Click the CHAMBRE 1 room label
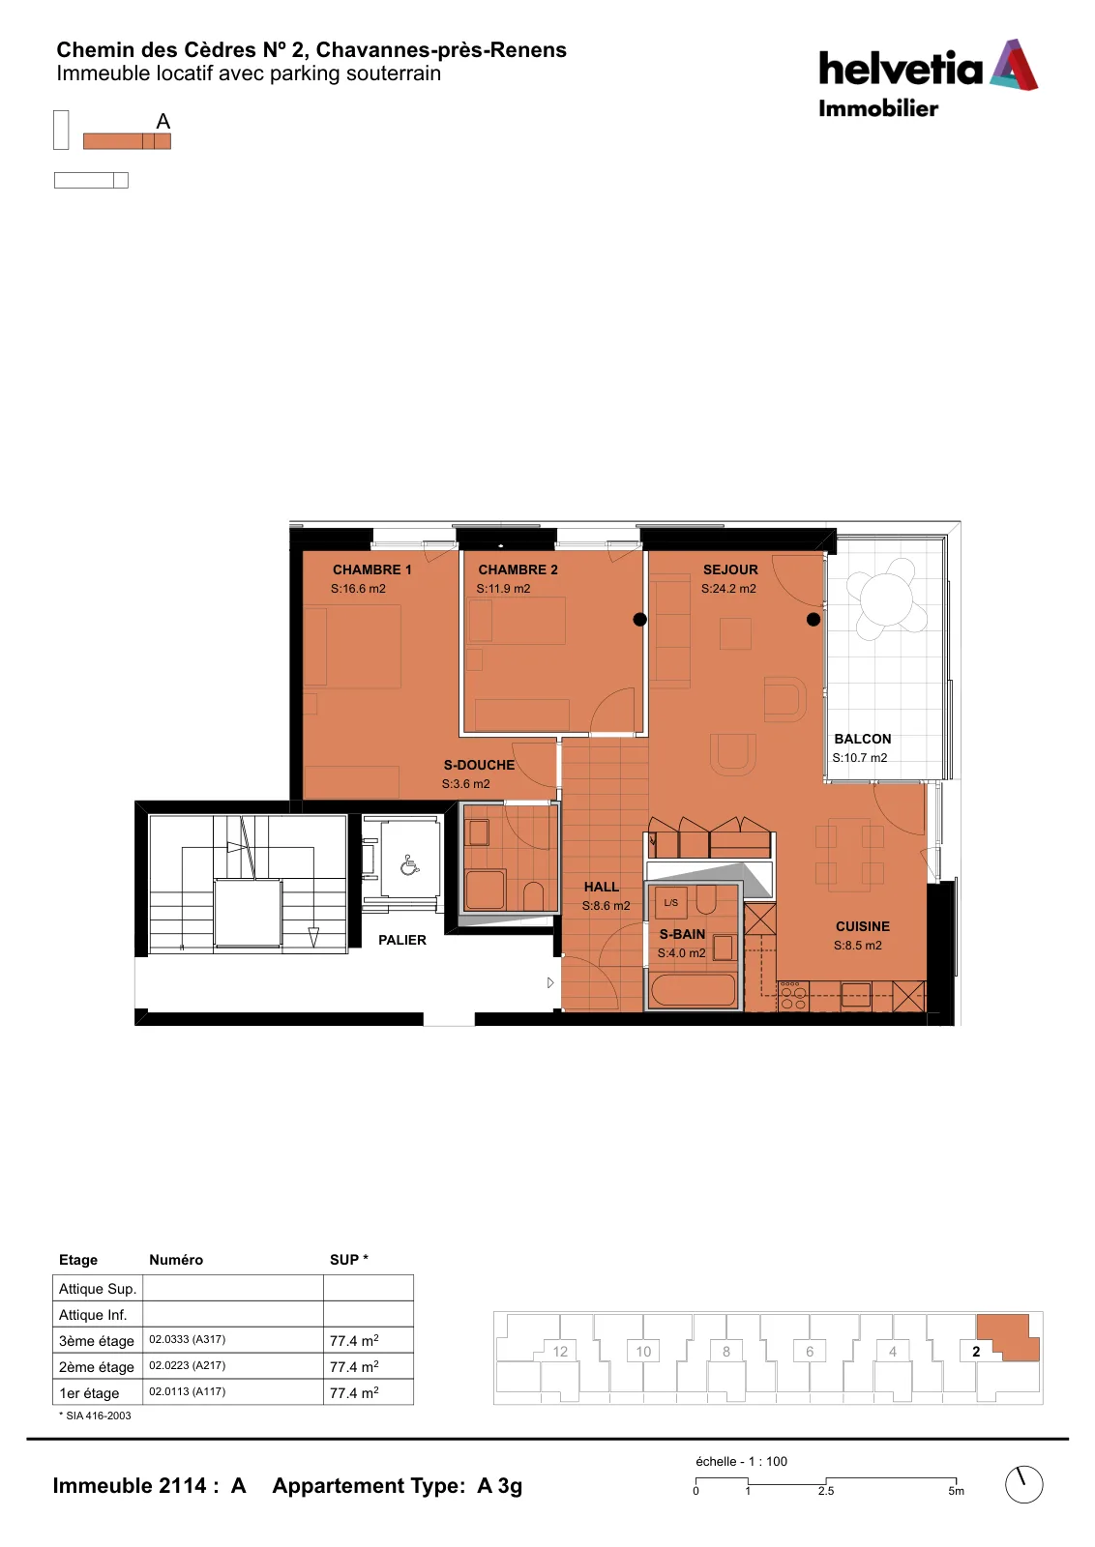(x=371, y=569)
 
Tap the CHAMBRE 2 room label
(x=518, y=569)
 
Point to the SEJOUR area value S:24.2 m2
(x=728, y=589)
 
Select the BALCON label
(x=862, y=739)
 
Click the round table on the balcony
(x=886, y=599)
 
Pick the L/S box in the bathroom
(x=670, y=903)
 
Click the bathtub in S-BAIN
(x=693, y=990)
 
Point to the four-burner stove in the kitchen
(x=792, y=995)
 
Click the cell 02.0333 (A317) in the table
(x=188, y=1339)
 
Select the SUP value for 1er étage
(x=354, y=1392)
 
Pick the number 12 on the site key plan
(x=560, y=1352)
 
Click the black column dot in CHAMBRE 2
(x=639, y=620)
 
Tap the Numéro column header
(x=176, y=1260)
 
